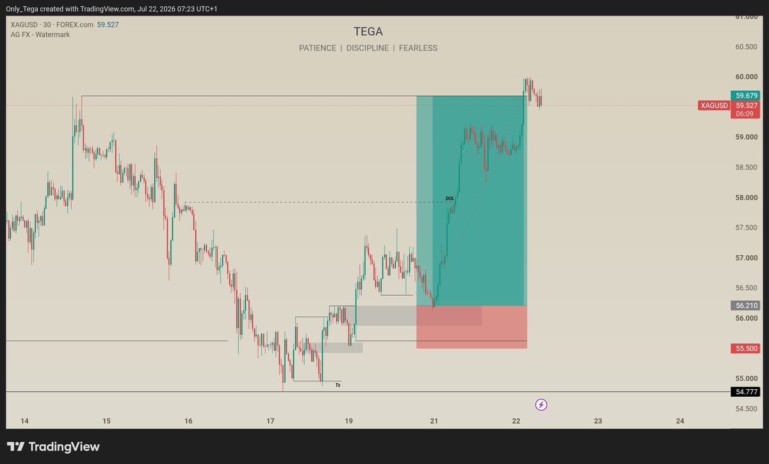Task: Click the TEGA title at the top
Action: point(368,31)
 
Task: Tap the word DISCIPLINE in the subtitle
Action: point(367,48)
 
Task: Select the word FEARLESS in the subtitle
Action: point(418,48)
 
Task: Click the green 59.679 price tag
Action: point(745,95)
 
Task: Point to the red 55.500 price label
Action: point(745,348)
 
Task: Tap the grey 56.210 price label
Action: point(745,305)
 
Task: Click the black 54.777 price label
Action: point(745,392)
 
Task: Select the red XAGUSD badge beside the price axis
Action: point(714,106)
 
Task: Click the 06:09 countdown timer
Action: point(744,114)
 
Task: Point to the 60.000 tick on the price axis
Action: point(747,77)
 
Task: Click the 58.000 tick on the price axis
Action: point(747,198)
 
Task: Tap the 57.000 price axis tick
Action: point(747,258)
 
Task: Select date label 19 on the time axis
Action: point(349,420)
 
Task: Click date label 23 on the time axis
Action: point(598,420)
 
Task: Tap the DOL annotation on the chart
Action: point(450,198)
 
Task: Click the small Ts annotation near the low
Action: point(338,385)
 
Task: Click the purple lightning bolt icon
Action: point(541,404)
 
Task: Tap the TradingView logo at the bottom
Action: point(53,447)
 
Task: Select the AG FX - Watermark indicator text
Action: point(40,35)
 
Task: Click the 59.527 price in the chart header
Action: point(108,25)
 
